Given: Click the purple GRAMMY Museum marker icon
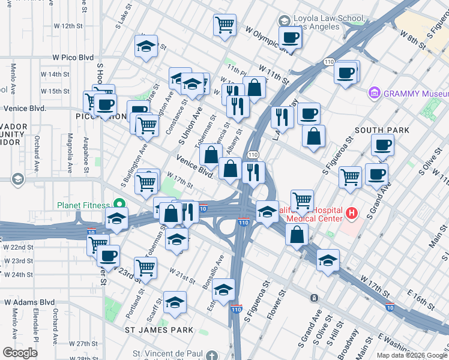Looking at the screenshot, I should pos(375,94).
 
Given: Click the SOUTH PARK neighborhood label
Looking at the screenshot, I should pos(382,130).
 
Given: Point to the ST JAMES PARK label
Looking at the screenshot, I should pos(159,330).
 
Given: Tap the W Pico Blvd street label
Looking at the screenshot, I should pos(73,57).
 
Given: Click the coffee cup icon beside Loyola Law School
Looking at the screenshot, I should pos(289,38).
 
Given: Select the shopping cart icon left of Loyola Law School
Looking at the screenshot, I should pos(224,25).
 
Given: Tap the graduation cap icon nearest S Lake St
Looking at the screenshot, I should pos(146,47).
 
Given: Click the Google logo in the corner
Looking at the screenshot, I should pos(20,353).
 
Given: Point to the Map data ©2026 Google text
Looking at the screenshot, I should pos(412,355).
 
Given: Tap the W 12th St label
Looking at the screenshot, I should pos(67,26).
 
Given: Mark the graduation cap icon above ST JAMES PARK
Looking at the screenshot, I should pos(175,303).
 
